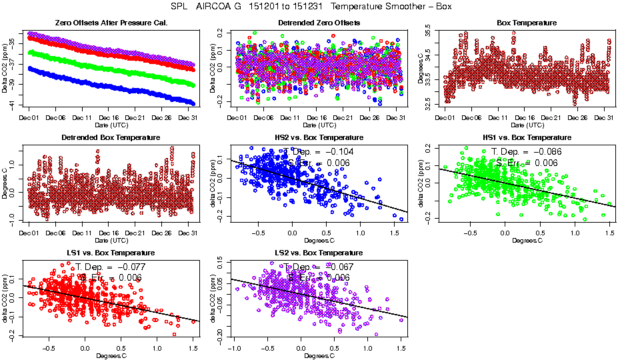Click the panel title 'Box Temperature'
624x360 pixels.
tap(527, 23)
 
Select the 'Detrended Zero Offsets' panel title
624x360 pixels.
tap(319, 23)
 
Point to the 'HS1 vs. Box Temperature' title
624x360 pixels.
tap(527, 138)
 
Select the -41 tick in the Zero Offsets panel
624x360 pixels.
tap(11, 103)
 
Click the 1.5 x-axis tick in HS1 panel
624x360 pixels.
tap(609, 233)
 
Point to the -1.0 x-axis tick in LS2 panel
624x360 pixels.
tap(234, 349)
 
